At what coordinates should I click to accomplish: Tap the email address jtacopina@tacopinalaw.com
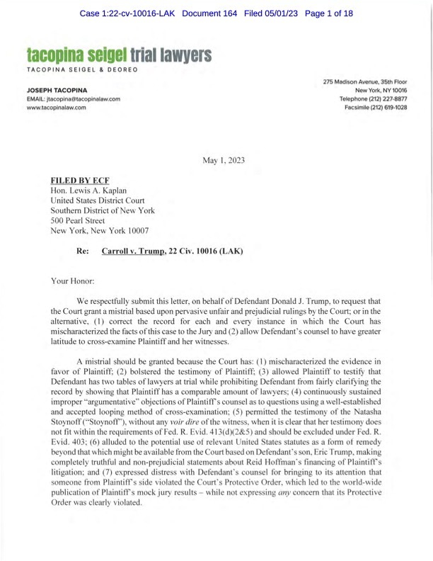coord(74,99)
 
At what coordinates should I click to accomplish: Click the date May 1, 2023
coord(224,161)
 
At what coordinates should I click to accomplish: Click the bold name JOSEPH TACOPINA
coord(57,91)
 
